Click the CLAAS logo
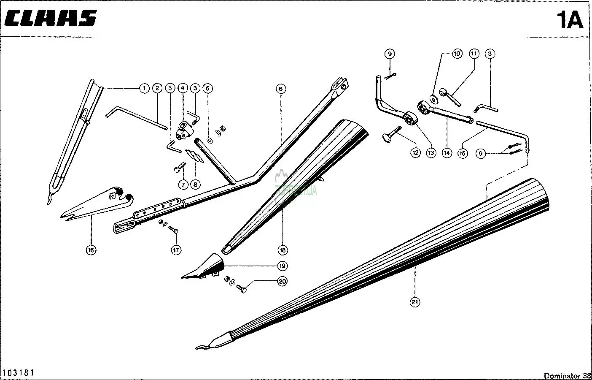click(51, 18)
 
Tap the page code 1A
click(570, 20)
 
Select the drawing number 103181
click(19, 373)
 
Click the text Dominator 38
click(567, 375)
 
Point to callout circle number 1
click(144, 88)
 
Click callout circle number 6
click(281, 89)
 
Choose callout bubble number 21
click(415, 302)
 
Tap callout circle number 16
click(91, 250)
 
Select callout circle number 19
click(282, 266)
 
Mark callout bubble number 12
click(415, 152)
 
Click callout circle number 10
click(457, 54)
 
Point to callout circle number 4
click(183, 88)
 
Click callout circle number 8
click(195, 185)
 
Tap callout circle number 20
click(282, 281)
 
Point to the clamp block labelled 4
click(184, 130)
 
